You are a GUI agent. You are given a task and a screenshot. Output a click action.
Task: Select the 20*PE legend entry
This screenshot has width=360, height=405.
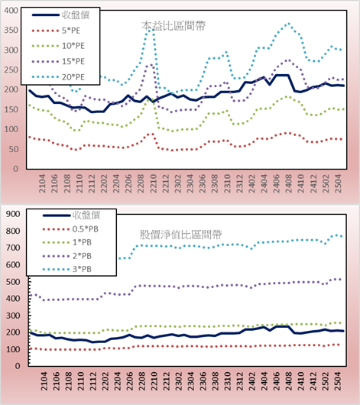(58, 76)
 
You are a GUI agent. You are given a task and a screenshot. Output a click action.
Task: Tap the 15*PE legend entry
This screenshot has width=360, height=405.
(58, 61)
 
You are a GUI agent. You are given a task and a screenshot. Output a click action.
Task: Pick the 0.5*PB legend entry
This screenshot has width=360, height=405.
(70, 228)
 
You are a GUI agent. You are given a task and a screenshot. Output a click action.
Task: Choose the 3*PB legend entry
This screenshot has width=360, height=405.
(67, 269)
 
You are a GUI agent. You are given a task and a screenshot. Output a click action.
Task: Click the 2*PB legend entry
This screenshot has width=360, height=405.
(67, 256)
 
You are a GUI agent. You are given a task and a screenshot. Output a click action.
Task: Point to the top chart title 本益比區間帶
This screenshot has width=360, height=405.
(174, 26)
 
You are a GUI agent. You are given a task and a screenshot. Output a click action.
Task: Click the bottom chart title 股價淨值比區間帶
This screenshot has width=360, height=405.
(180, 235)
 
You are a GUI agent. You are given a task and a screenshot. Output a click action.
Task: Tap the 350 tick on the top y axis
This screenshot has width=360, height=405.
(11, 30)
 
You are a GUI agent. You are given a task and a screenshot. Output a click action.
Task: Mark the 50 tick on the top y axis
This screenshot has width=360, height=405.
(14, 149)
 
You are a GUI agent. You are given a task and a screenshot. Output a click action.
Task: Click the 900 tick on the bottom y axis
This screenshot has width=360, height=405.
(13, 214)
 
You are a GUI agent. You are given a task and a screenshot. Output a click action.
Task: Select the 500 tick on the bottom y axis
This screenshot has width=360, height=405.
(13, 281)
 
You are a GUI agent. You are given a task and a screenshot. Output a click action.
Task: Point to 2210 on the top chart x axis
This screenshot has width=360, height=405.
(153, 183)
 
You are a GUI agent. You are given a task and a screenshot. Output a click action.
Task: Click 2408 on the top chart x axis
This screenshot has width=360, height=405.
(288, 183)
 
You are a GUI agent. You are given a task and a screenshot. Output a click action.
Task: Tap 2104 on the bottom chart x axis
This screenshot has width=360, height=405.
(44, 381)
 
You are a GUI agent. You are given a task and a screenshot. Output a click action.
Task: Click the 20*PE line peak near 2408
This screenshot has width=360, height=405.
(289, 24)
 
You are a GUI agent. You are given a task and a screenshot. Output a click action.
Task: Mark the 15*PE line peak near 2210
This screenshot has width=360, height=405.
(151, 65)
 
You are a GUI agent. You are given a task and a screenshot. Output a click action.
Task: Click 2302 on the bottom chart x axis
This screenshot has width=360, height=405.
(178, 381)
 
